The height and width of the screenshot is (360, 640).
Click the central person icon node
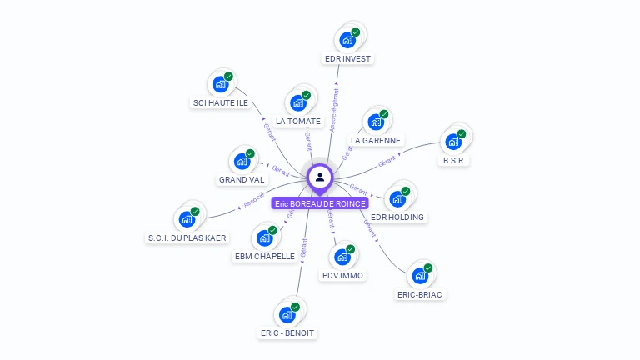click(x=320, y=177)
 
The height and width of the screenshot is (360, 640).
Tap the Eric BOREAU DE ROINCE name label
click(x=320, y=203)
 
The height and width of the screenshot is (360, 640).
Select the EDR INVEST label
click(x=348, y=58)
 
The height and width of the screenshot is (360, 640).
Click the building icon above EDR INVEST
click(x=347, y=39)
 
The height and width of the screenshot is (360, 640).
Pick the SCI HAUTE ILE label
click(x=221, y=103)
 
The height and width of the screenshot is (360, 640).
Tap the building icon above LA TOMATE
click(x=298, y=103)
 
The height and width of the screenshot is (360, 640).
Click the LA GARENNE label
click(x=376, y=141)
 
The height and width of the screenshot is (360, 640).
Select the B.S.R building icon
click(x=453, y=141)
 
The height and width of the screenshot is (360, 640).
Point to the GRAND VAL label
click(x=242, y=179)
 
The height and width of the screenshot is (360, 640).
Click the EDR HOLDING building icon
click(x=397, y=198)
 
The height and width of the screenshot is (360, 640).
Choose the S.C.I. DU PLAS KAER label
click(x=187, y=237)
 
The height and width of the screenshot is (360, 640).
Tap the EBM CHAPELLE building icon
click(x=264, y=237)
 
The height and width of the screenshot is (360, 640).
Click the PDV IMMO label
click(x=342, y=275)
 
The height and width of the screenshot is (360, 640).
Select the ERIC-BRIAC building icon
click(x=420, y=275)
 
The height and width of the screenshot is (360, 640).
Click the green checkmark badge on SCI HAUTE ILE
click(x=228, y=77)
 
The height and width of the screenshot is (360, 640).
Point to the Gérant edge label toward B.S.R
click(x=387, y=161)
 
